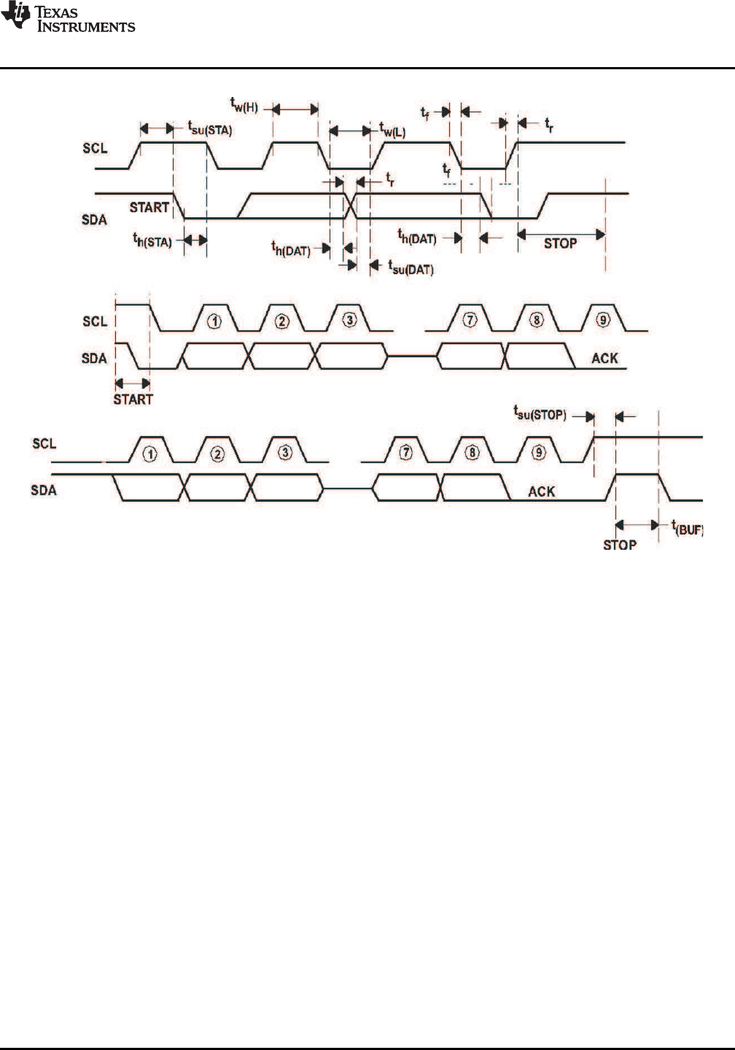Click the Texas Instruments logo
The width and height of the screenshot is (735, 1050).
[68, 17]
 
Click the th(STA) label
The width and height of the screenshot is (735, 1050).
[152, 240]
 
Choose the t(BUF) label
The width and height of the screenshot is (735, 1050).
[686, 527]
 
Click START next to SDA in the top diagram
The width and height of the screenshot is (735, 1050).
[149, 207]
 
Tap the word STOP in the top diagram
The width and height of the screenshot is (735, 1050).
[560, 244]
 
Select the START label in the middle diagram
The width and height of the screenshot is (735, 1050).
[133, 399]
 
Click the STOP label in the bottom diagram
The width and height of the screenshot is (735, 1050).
[620, 545]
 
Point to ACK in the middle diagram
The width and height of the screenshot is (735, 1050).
[604, 358]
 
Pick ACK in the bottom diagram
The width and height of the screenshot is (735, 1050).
[541, 491]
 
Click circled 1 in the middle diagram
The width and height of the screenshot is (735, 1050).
[215, 319]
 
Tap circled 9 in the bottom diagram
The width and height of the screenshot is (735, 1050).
[538, 452]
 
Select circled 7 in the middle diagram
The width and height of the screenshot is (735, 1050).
[470, 319]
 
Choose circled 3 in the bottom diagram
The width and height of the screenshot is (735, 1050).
[285, 452]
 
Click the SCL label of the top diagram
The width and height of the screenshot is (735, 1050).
[95, 149]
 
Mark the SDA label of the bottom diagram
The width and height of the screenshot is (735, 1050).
[44, 491]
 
